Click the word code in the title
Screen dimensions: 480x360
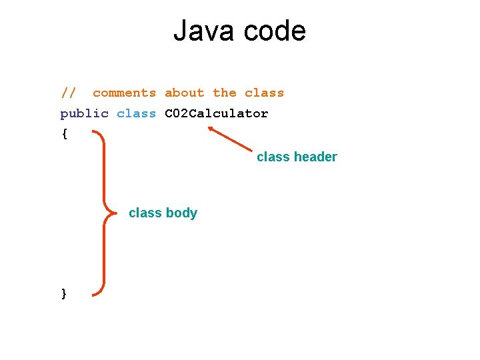click(x=275, y=31)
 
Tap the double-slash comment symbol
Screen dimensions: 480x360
click(x=69, y=93)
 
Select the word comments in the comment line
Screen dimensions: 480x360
click(x=124, y=93)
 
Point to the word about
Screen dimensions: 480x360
click(x=185, y=93)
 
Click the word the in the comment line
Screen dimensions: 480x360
click(x=225, y=93)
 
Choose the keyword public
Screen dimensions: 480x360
click(x=84, y=113)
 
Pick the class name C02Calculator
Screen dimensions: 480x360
click(x=216, y=113)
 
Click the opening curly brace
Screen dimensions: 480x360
click(x=64, y=133)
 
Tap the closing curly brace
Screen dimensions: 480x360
click(x=64, y=293)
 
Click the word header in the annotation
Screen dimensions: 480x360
click(x=316, y=157)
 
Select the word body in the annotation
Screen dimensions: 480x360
click(x=181, y=213)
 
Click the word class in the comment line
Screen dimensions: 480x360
click(x=264, y=93)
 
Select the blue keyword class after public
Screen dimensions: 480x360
click(x=136, y=113)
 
